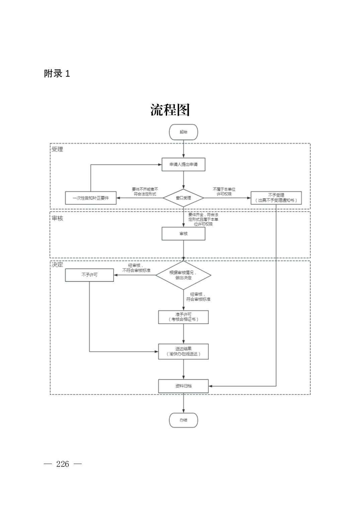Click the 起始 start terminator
(x=183, y=132)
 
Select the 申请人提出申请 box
(x=183, y=165)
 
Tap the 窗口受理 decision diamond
(x=183, y=198)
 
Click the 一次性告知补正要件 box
(x=91, y=198)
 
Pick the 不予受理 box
(x=276, y=198)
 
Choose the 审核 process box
(x=183, y=234)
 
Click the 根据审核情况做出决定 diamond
(x=183, y=275)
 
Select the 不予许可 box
(x=89, y=275)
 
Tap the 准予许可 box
(x=183, y=317)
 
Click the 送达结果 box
(x=183, y=352)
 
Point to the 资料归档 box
(x=183, y=386)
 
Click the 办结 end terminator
(x=183, y=420)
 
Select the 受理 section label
(x=57, y=149)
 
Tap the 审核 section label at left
(x=57, y=218)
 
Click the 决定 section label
(x=57, y=264)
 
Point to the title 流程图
(x=170, y=110)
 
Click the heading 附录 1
(x=57, y=74)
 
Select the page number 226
(x=63, y=464)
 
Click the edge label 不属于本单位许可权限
(x=224, y=192)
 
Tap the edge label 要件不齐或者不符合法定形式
(x=145, y=192)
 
